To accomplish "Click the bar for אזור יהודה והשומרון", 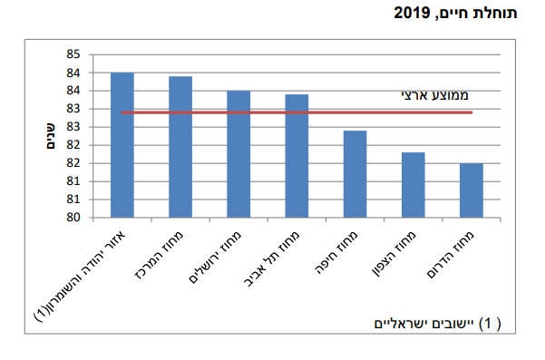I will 122,145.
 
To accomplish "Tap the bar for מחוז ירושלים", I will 238,154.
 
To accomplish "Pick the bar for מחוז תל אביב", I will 297,156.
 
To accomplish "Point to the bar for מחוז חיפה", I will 355,174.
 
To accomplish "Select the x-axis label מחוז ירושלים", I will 224,252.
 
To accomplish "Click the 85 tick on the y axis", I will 73,54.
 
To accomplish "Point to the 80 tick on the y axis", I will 73,218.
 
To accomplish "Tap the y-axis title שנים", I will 52,136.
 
